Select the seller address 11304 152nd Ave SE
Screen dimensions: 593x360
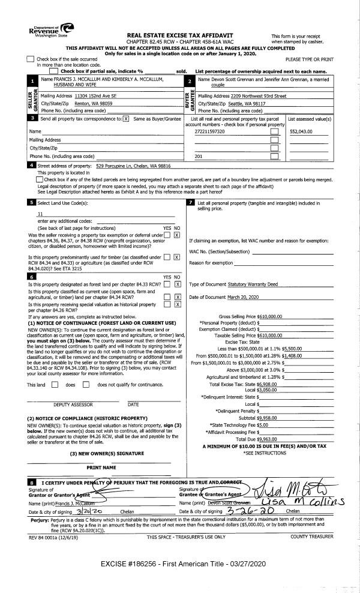pos(84,96)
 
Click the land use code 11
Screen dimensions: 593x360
pos(40,214)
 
